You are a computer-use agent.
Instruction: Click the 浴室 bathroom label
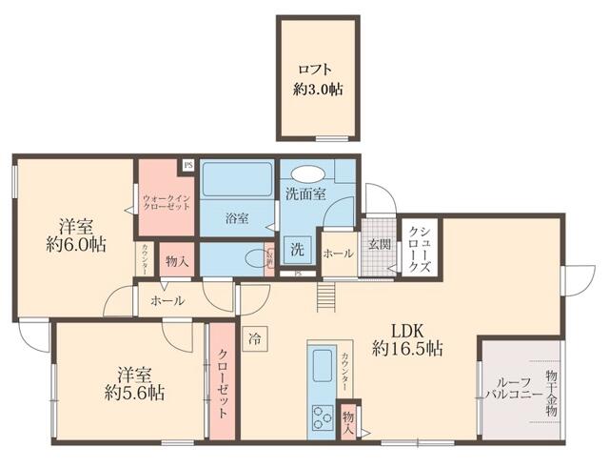point(237,218)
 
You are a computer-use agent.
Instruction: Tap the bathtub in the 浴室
point(236,182)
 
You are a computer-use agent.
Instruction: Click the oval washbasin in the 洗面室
point(307,173)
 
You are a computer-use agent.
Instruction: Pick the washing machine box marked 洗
point(298,251)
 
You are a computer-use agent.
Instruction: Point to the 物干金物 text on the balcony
point(554,393)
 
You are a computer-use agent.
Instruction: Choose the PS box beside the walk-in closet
point(187,164)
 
